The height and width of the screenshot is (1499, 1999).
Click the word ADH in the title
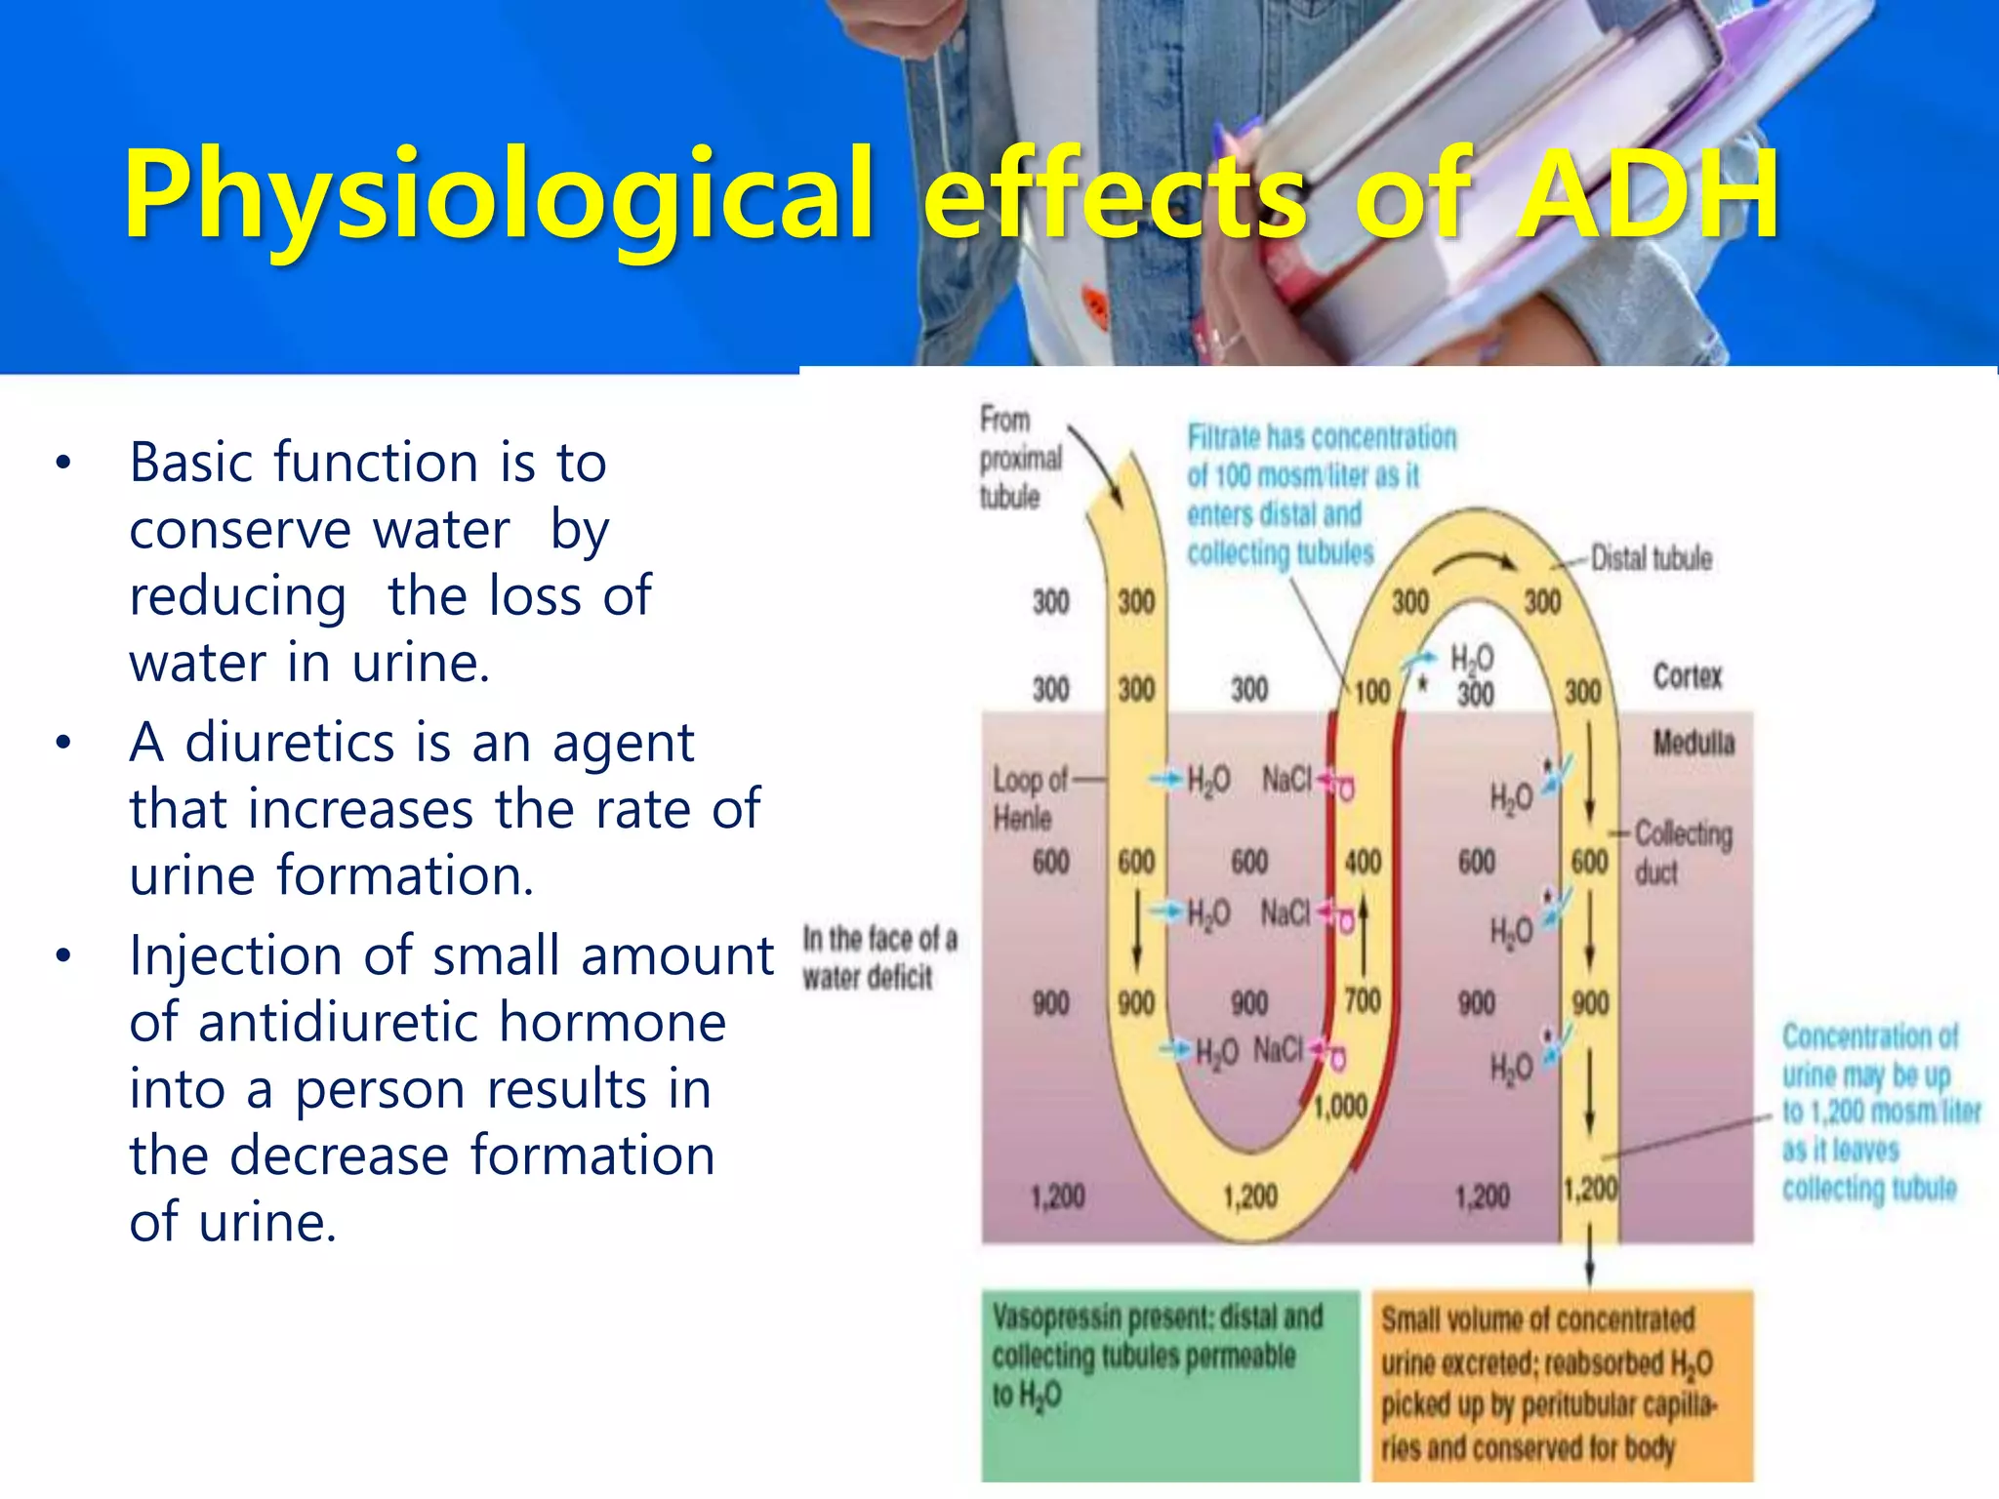point(1648,195)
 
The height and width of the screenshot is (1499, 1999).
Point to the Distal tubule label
point(1652,558)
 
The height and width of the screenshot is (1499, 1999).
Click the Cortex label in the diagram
point(1687,676)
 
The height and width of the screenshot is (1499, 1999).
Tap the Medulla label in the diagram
point(1693,744)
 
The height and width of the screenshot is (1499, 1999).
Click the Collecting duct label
point(1683,852)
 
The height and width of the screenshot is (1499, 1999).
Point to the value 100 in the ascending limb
point(1371,692)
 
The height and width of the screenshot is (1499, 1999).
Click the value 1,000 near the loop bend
point(1340,1107)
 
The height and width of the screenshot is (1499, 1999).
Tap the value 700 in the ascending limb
point(1363,1000)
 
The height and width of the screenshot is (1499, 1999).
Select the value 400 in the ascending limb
point(1363,862)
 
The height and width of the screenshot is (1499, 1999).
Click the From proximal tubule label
point(1019,458)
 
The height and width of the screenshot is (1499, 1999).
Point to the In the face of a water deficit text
point(879,957)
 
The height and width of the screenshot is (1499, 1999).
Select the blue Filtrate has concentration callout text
point(1320,494)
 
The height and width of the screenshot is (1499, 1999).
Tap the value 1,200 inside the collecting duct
point(1590,1189)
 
